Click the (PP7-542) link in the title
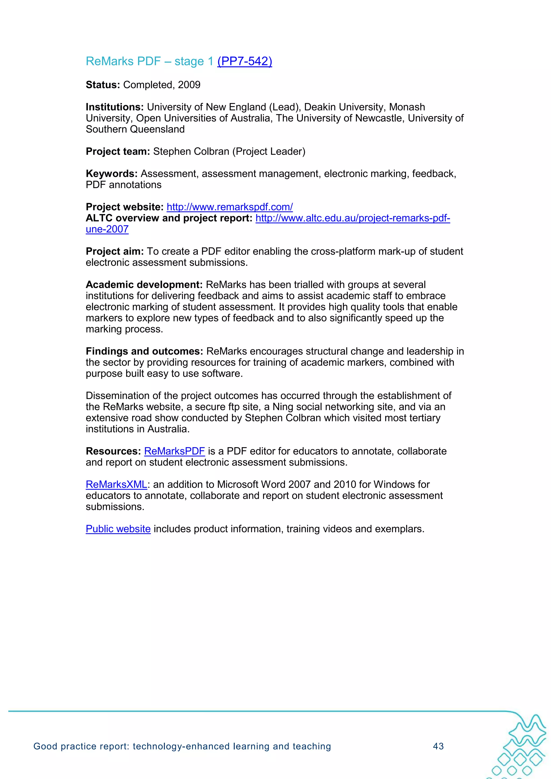(245, 61)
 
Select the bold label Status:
(103, 85)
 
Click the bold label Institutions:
(115, 107)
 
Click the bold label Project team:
(118, 152)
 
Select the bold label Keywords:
(111, 174)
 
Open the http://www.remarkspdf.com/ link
(229, 207)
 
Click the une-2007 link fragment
(107, 229)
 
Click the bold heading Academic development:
(144, 285)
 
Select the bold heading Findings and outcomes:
(144, 351)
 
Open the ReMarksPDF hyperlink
(174, 451)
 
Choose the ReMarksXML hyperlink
(116, 485)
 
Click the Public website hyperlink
(118, 529)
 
